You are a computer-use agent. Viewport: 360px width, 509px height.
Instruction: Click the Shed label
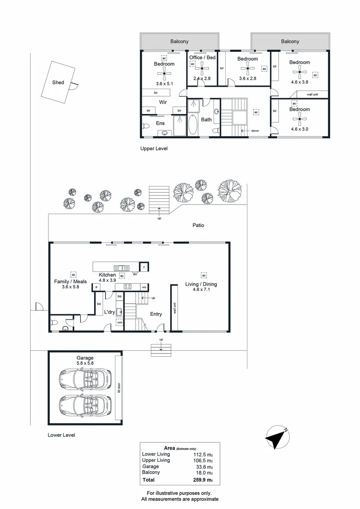tap(58, 82)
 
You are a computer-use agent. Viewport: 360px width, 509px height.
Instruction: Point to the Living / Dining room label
tap(202, 285)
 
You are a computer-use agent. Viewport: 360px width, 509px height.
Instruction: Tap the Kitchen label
tap(107, 275)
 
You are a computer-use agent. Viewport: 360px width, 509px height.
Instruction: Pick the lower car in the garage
tap(85, 404)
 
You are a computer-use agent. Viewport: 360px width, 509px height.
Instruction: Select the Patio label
tap(198, 225)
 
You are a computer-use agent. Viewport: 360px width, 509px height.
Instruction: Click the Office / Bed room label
tap(202, 57)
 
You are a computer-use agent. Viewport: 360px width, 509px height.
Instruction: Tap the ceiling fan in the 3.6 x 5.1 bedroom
tap(164, 72)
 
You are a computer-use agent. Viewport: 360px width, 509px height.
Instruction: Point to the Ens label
tap(160, 123)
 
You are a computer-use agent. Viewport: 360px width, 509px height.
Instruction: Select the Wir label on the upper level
tap(164, 102)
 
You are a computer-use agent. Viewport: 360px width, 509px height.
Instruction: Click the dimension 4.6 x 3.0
tap(299, 129)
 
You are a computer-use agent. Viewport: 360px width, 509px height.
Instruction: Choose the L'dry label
tap(110, 312)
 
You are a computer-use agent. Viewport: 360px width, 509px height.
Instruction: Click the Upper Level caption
tap(154, 148)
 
